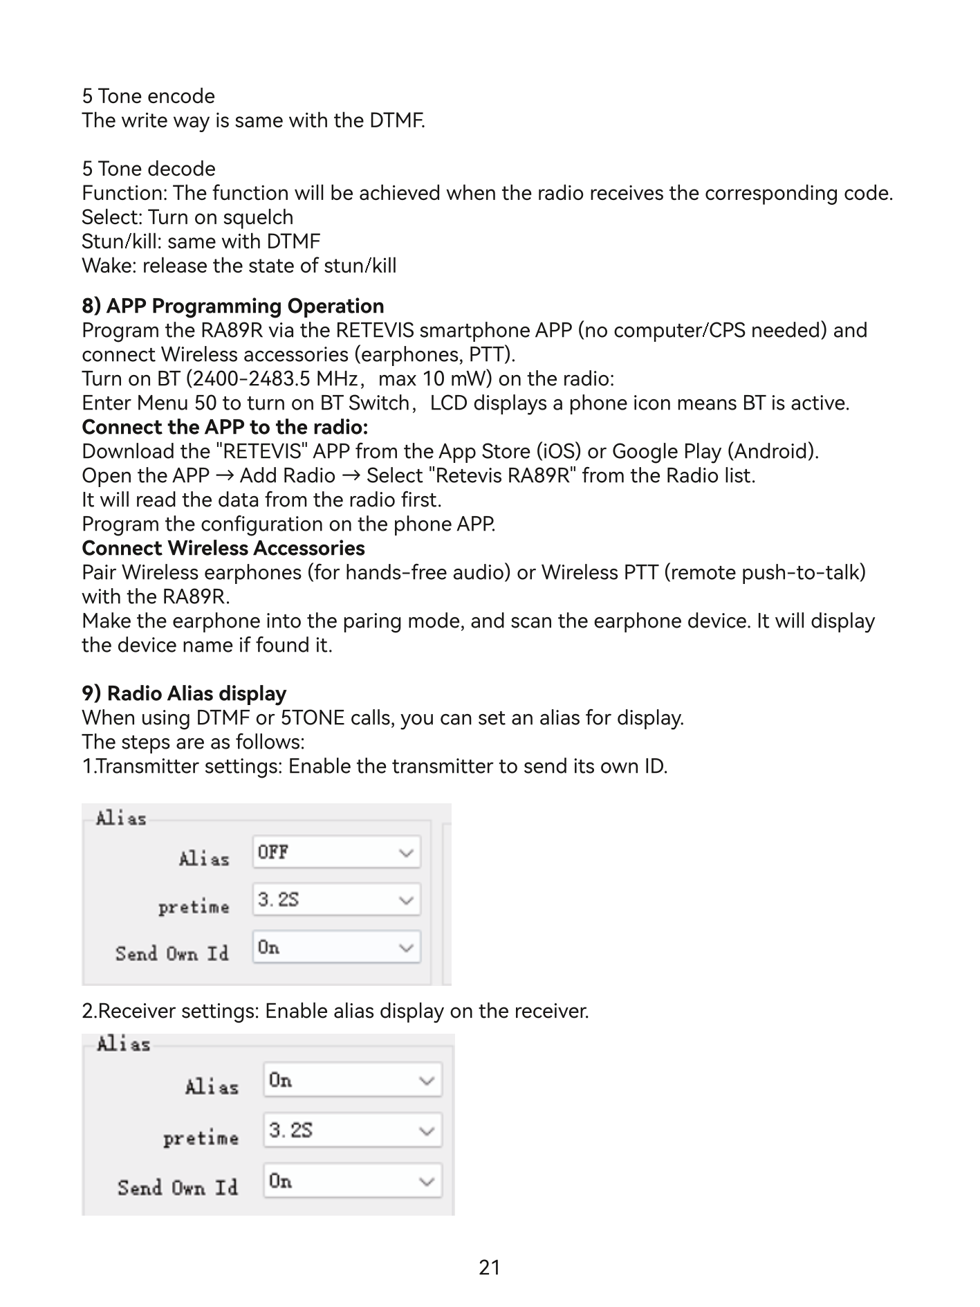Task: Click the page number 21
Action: tap(489, 1267)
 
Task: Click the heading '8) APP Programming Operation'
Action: tap(232, 306)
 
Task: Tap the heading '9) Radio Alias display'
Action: tap(184, 693)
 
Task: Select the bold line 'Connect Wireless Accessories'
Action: tap(223, 548)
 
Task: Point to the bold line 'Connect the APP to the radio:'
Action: tap(225, 427)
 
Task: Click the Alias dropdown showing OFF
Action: tap(336, 852)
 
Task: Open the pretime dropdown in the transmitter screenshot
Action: tap(336, 900)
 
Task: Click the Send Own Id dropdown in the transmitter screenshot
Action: tap(336, 947)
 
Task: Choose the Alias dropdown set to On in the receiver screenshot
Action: tap(352, 1080)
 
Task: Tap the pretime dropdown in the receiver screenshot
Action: tap(352, 1131)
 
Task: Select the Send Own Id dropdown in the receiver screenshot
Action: tap(352, 1181)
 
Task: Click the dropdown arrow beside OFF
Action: tap(407, 853)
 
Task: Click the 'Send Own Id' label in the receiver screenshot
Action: tap(178, 1188)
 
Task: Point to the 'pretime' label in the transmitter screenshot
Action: tap(194, 906)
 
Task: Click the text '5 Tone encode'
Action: tap(148, 96)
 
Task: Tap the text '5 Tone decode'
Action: tap(148, 169)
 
